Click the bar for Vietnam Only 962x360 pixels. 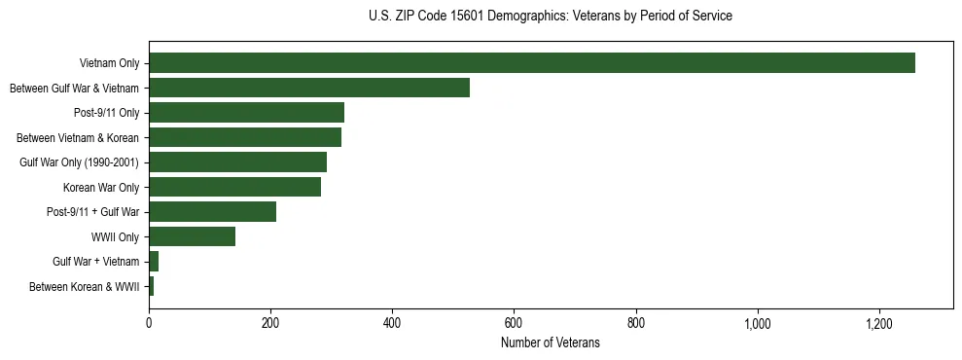coord(531,63)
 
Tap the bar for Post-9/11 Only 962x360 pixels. coord(246,113)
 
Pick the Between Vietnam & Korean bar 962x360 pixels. coord(245,137)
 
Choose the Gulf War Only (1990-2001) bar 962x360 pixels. coord(237,162)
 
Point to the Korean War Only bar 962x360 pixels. coord(234,187)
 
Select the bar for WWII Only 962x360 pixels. coord(192,236)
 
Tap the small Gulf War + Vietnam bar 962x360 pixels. coord(154,262)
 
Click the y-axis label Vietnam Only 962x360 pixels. coord(109,63)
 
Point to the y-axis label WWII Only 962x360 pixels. coord(115,236)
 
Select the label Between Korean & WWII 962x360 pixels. coord(85,286)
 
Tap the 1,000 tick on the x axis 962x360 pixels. coord(758,324)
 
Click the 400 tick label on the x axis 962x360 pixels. coord(392,324)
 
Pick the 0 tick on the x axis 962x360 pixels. coord(149,324)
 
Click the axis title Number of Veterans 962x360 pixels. coord(551,343)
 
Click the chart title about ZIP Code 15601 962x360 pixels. coord(551,17)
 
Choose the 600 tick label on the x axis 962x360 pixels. coord(514,324)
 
